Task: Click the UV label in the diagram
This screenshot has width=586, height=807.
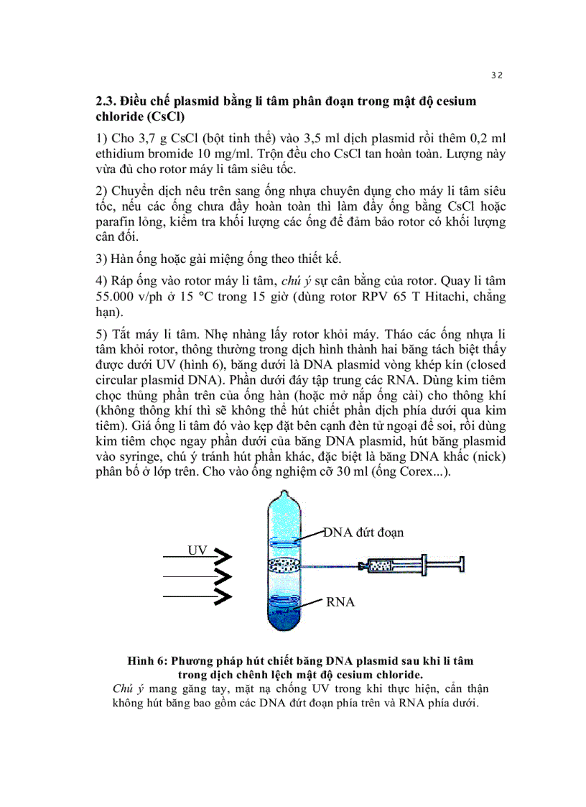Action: pyautogui.click(x=197, y=550)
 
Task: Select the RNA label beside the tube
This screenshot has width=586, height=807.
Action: pyautogui.click(x=340, y=602)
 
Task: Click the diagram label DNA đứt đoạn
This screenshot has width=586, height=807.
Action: pyautogui.click(x=363, y=532)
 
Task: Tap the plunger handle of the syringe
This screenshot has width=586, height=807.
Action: pyautogui.click(x=460, y=566)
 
